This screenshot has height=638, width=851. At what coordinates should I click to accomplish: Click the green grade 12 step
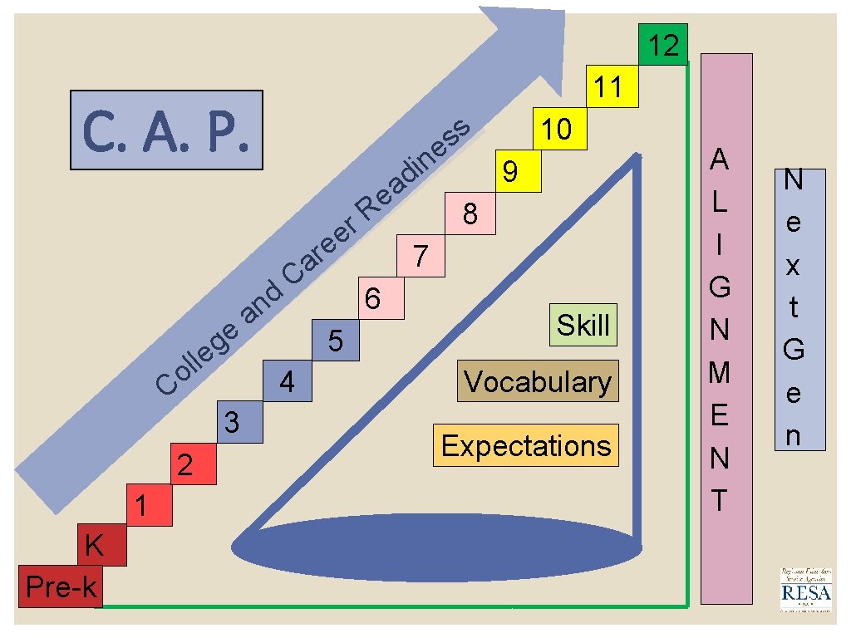663,45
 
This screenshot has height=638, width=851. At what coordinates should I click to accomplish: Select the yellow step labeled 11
610,86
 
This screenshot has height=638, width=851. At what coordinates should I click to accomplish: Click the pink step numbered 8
470,213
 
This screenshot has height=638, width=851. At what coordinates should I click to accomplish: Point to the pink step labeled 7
421,256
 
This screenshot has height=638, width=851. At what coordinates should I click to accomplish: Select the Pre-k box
60,586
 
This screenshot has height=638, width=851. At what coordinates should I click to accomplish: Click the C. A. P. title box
166,130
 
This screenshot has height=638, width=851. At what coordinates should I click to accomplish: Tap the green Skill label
583,325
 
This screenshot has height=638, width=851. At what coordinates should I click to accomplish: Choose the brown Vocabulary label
538,381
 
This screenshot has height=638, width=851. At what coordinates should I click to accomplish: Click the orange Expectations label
526,445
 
